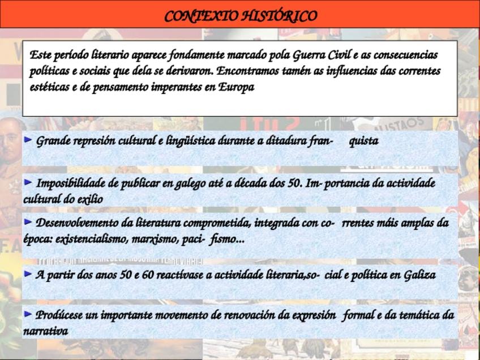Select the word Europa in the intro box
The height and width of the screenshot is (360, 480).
[237, 88]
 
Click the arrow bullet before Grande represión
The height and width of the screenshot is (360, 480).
[28, 140]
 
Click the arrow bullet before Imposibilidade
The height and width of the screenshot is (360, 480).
[28, 182]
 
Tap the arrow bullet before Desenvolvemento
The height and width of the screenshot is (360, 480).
[28, 222]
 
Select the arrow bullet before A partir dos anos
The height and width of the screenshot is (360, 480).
[28, 275]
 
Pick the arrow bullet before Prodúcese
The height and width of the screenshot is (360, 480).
[28, 314]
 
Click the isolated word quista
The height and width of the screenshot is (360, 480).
[363, 141]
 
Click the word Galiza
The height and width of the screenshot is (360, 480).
[419, 276]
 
